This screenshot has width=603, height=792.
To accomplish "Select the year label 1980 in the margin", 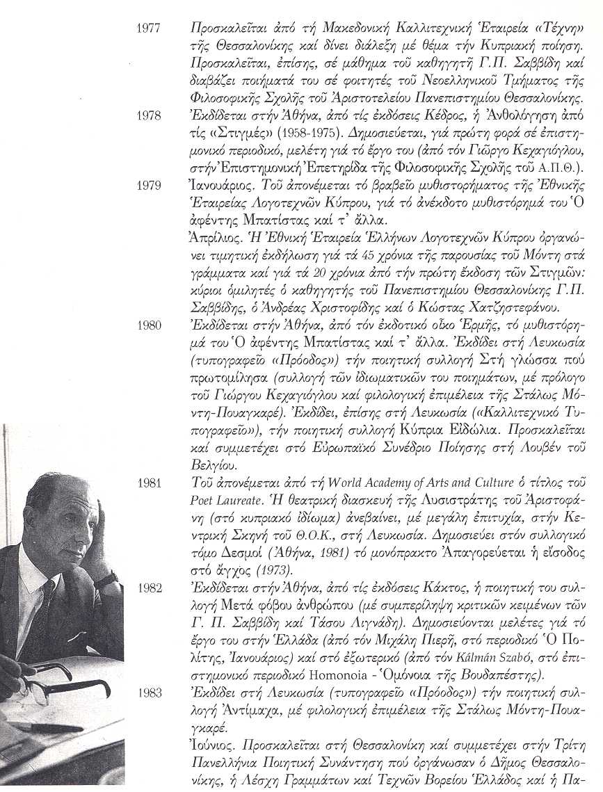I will coord(150,325).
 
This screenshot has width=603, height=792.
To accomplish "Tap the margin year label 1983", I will coord(150,693).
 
